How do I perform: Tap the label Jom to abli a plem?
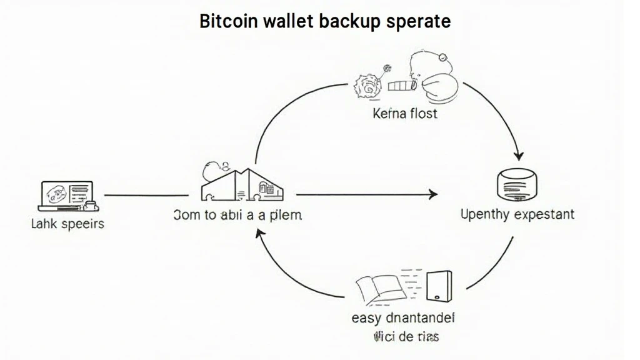click(x=237, y=215)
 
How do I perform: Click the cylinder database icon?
click(x=516, y=186)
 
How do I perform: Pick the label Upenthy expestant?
click(x=517, y=214)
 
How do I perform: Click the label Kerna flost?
click(x=405, y=114)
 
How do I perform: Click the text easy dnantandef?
click(x=403, y=317)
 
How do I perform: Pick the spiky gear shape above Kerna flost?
click(x=364, y=86)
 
